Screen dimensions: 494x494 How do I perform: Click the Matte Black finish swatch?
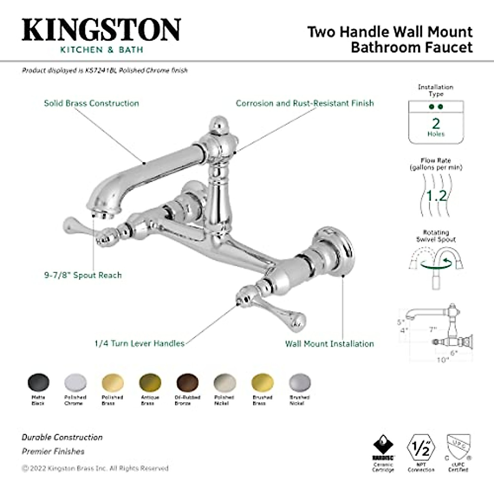pyautogui.click(x=38, y=383)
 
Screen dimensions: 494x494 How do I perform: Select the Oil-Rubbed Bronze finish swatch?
pyautogui.click(x=188, y=383)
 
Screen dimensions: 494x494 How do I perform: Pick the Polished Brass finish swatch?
pyautogui.click(x=113, y=383)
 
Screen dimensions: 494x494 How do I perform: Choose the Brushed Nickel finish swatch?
pyautogui.click(x=300, y=383)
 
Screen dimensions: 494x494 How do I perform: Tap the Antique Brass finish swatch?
pyautogui.click(x=150, y=383)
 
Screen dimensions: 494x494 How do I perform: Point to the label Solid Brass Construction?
pyautogui.click(x=91, y=103)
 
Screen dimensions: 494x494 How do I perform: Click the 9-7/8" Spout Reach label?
pyautogui.click(x=83, y=275)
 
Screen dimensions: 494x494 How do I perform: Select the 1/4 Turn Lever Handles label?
pyautogui.click(x=139, y=343)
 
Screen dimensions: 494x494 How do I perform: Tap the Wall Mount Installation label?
pyautogui.click(x=329, y=344)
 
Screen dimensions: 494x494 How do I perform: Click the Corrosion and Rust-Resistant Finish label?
pyautogui.click(x=305, y=103)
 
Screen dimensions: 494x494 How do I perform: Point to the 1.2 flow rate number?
pyautogui.click(x=436, y=196)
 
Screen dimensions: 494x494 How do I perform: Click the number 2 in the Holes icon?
pyautogui.click(x=436, y=123)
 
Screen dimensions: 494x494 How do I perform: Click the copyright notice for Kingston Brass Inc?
pyautogui.click(x=95, y=468)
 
